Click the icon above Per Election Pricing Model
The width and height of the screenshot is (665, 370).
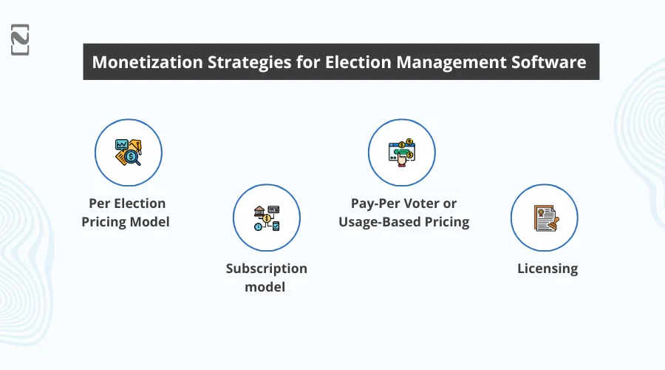(128, 153)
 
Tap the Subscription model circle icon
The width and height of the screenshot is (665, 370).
(266, 218)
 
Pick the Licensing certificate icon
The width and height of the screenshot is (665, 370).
(544, 218)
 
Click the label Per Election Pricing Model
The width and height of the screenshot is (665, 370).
(128, 212)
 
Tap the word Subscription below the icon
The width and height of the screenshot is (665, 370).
(266, 269)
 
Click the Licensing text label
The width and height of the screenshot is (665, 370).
(548, 269)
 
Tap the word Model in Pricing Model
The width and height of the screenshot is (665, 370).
(149, 221)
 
